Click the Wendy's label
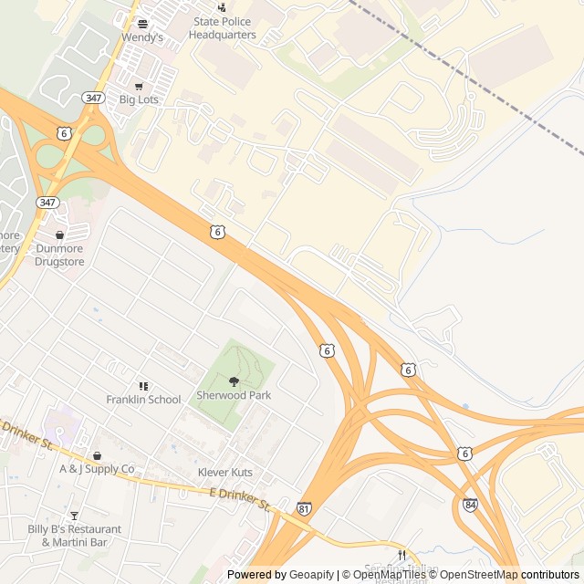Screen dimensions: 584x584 (142, 37)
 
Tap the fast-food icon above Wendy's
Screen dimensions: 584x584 (142, 24)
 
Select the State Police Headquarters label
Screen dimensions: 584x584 (223, 28)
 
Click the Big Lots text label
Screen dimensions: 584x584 (139, 99)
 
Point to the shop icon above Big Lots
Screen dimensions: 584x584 (139, 87)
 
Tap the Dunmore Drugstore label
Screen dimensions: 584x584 (59, 255)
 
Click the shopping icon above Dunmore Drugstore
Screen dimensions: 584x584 (59, 235)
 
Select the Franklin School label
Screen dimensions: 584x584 (143, 400)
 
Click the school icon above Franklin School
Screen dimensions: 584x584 (143, 387)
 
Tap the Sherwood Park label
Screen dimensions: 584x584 (234, 396)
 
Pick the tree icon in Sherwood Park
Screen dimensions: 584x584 (234, 382)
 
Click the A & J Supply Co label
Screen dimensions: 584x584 (97, 469)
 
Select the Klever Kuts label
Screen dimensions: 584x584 (225, 473)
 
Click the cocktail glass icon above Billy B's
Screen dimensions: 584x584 (74, 516)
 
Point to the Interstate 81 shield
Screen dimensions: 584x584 (304, 507)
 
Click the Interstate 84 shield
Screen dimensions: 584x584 (469, 505)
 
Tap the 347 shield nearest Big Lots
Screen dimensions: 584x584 (92, 98)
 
